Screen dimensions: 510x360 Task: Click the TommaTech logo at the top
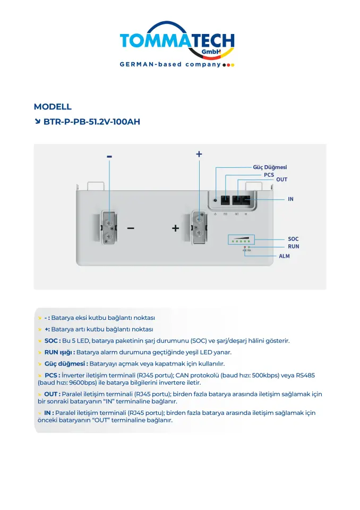tap(177, 41)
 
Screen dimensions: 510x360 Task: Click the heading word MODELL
tap(53, 107)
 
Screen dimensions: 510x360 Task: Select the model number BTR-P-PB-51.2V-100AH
tap(91, 122)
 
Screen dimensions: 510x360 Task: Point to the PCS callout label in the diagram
tap(269, 174)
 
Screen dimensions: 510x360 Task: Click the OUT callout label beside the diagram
tap(281, 180)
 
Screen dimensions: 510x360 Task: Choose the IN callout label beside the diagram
tap(290, 199)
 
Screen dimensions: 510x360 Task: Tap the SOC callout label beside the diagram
tap(293, 239)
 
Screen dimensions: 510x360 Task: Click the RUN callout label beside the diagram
tap(293, 246)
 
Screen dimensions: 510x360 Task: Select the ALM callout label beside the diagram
tap(284, 256)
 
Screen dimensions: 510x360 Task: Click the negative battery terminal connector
tap(108, 227)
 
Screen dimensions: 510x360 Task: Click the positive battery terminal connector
tap(199, 227)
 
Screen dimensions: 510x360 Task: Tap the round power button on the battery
tap(215, 201)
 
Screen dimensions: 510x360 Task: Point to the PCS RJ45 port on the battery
tap(225, 201)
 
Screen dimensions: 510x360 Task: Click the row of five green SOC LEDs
tap(241, 241)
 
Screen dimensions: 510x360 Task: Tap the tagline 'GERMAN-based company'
tap(170, 64)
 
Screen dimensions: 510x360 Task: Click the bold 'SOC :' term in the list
tap(52, 341)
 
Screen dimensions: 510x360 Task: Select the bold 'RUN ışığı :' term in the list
tap(59, 352)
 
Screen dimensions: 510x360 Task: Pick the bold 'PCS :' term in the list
tap(52, 375)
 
